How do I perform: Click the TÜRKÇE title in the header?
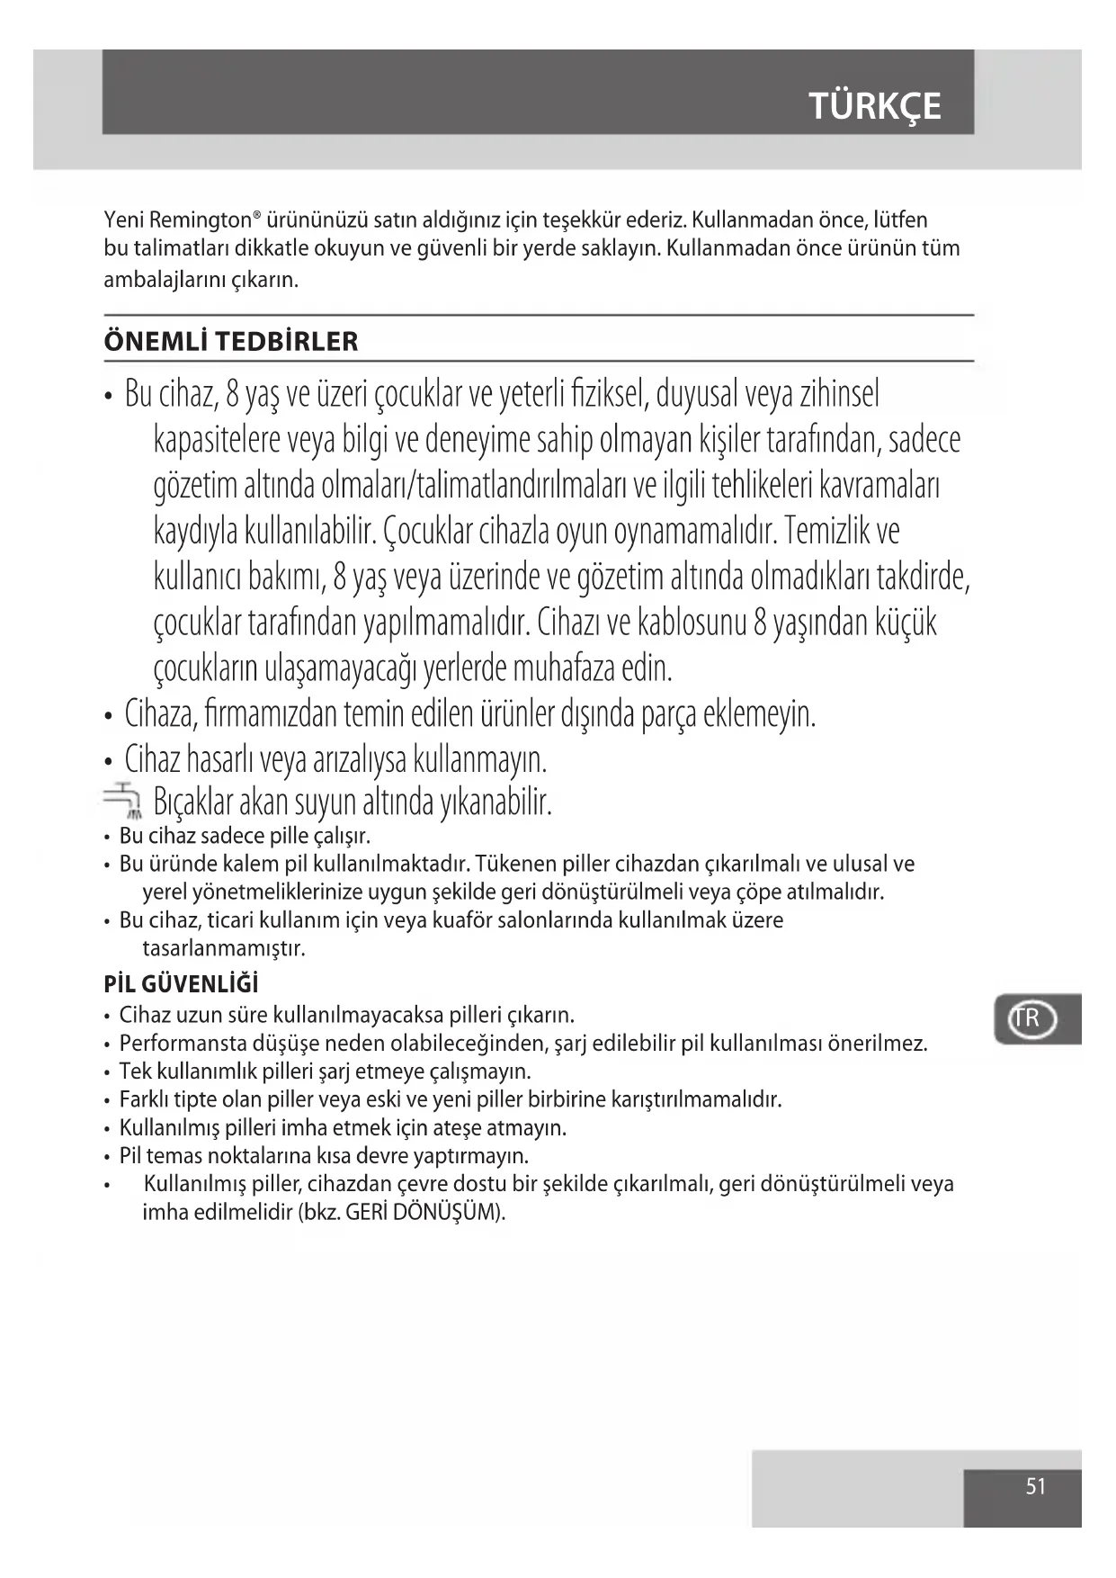[x=874, y=106]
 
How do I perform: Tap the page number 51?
[x=1035, y=1485]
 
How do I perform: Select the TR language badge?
[x=1026, y=1018]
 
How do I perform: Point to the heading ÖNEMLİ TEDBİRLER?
[x=231, y=342]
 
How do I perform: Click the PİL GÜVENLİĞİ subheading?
[x=181, y=984]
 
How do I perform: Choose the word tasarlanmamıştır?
[x=224, y=948]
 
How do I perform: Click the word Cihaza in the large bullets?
[x=159, y=714]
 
